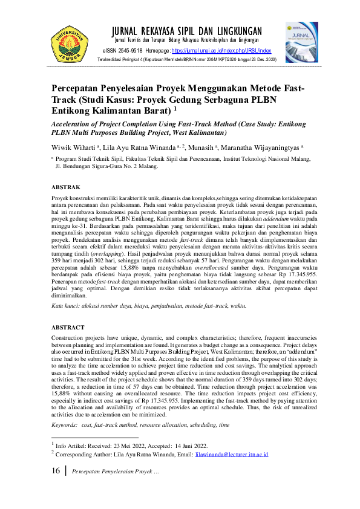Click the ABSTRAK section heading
point(64,187)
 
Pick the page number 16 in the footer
point(55,471)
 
